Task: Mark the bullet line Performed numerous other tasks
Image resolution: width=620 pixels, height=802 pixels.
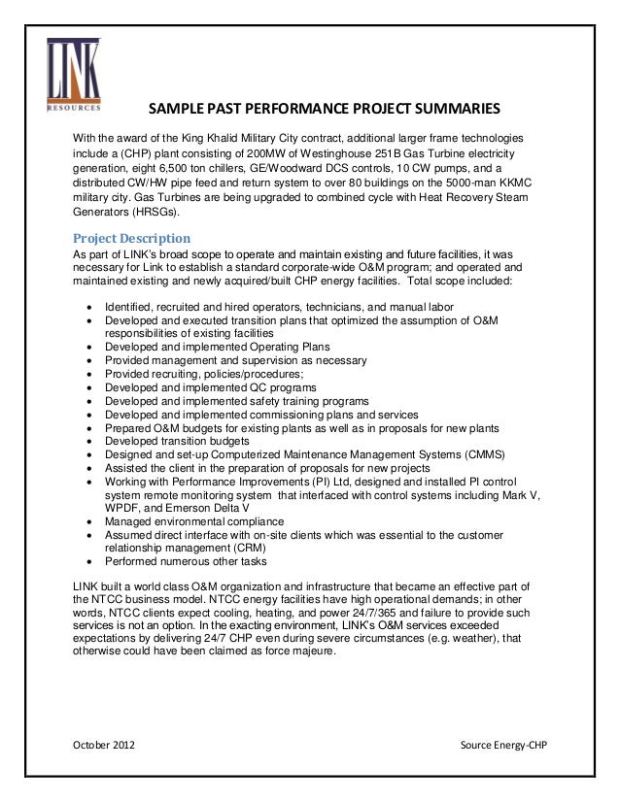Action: click(x=173, y=561)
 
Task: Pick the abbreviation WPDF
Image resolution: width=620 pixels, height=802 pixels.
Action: click(x=122, y=507)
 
